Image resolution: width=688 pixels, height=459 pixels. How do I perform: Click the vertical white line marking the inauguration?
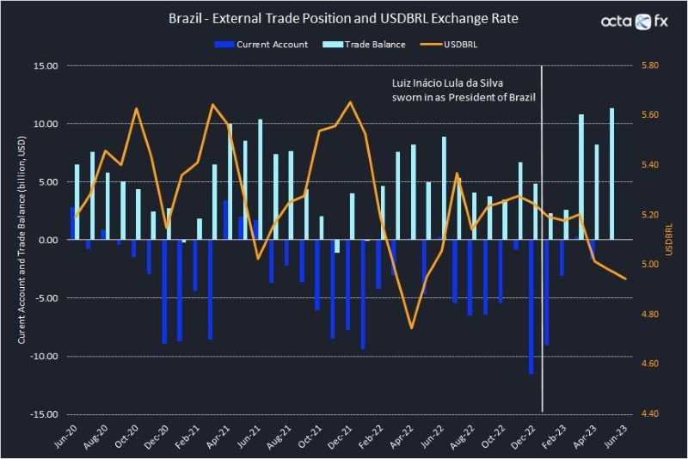(542, 258)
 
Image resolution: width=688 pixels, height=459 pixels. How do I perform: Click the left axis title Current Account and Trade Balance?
(21, 241)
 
